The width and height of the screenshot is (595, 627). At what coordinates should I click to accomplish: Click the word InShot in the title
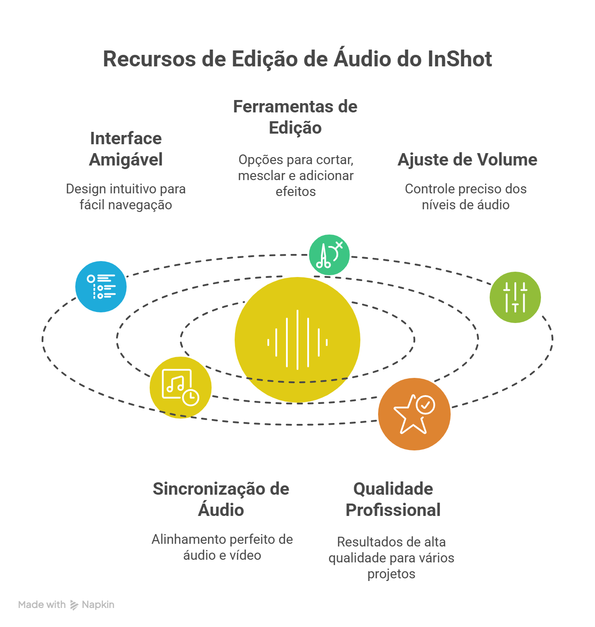pyautogui.click(x=460, y=59)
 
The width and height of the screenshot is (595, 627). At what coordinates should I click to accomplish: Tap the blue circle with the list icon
pyautogui.click(x=101, y=287)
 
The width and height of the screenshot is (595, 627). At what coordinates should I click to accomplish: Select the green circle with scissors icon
pyautogui.click(x=329, y=255)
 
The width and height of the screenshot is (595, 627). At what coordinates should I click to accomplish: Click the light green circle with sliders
pyautogui.click(x=515, y=297)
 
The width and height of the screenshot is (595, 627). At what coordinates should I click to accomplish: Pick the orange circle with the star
pyautogui.click(x=414, y=414)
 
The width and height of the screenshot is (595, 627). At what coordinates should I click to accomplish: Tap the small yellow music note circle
pyautogui.click(x=180, y=387)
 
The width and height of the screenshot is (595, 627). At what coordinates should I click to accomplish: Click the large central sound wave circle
pyautogui.click(x=297, y=339)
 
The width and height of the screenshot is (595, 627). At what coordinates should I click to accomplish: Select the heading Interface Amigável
pyautogui.click(x=126, y=149)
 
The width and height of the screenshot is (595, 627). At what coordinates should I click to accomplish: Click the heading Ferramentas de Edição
pyautogui.click(x=295, y=117)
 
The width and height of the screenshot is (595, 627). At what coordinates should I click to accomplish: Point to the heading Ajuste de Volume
pyautogui.click(x=467, y=160)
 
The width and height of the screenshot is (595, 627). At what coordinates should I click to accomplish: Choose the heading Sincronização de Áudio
pyautogui.click(x=221, y=500)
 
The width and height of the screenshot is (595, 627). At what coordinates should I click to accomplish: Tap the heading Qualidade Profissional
pyautogui.click(x=393, y=500)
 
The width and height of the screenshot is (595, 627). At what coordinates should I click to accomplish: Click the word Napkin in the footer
pyautogui.click(x=98, y=605)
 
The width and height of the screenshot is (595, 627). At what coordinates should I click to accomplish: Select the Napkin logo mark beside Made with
pyautogui.click(x=74, y=605)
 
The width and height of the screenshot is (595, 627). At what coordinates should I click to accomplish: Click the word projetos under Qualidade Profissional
pyautogui.click(x=391, y=574)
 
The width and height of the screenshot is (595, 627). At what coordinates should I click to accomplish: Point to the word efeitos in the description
pyautogui.click(x=296, y=192)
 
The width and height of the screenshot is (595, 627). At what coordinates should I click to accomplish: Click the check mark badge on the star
pyautogui.click(x=425, y=404)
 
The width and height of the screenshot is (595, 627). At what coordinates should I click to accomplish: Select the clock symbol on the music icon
pyautogui.click(x=191, y=397)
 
